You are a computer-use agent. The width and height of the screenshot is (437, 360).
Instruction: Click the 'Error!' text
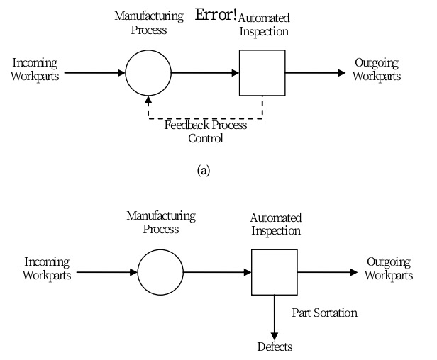pyautogui.click(x=216, y=14)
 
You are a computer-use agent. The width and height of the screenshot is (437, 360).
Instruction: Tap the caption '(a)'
pyautogui.click(x=206, y=170)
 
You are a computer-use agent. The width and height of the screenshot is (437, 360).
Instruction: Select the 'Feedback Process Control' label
pyautogui.click(x=206, y=132)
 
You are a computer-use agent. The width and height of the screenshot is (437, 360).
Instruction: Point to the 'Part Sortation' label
pyautogui.click(x=324, y=312)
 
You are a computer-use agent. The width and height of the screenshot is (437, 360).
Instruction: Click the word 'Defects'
pyautogui.click(x=274, y=347)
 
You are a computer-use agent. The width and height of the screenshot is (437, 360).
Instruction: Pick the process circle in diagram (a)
pyautogui.click(x=148, y=72)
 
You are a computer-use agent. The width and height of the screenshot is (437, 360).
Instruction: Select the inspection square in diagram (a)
pyautogui.click(x=262, y=72)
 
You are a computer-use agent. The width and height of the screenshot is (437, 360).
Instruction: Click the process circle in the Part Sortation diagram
pyautogui.click(x=160, y=271)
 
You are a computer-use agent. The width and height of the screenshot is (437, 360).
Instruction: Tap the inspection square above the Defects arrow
pyautogui.click(x=275, y=271)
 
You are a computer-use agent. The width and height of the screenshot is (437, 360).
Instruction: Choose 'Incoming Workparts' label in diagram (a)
pyautogui.click(x=35, y=69)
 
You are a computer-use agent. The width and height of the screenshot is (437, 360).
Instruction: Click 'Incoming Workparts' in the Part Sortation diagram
pyautogui.click(x=47, y=269)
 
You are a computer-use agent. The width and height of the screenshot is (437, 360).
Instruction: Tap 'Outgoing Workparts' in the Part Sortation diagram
pyautogui.click(x=389, y=269)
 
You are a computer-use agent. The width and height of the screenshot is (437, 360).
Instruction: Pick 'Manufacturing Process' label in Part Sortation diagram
pyautogui.click(x=160, y=221)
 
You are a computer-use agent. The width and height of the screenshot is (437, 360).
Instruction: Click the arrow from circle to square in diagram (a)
pyautogui.click(x=205, y=72)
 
